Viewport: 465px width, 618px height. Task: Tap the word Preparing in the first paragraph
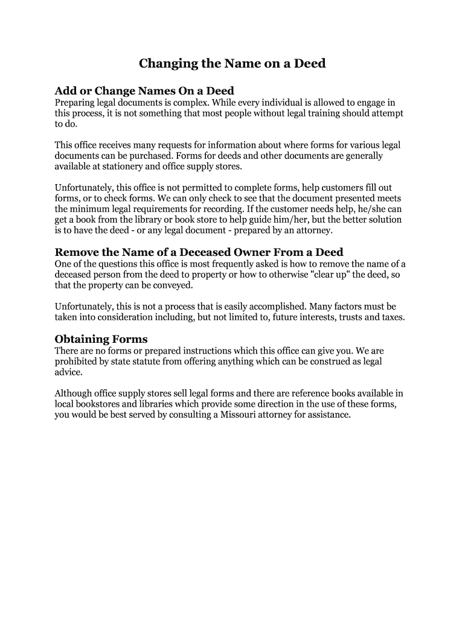click(x=74, y=103)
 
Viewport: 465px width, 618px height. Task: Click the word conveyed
click(x=175, y=285)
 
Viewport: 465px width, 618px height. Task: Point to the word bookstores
click(x=96, y=405)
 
